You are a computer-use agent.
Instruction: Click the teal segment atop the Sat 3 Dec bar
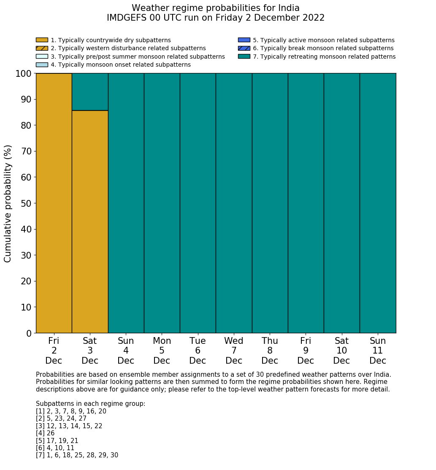click(90, 92)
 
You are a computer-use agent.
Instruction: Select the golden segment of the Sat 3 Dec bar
click(90, 221)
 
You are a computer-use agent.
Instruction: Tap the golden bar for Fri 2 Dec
click(54, 203)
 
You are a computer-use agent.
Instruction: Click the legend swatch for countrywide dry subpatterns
click(42, 40)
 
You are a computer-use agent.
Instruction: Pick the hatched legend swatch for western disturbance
click(42, 48)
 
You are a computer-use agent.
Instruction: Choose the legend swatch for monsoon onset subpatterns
click(42, 65)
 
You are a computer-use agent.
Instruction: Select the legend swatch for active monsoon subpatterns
click(244, 40)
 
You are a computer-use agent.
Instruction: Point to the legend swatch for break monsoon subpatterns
click(244, 48)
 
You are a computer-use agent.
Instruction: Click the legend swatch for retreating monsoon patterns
click(244, 57)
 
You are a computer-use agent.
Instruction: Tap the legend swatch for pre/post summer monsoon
click(42, 57)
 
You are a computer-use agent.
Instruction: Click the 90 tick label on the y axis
click(26, 100)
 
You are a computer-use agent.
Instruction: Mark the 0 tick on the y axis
click(29, 333)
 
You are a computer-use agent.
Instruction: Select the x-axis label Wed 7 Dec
click(234, 351)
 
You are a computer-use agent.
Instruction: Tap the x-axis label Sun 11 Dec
click(378, 351)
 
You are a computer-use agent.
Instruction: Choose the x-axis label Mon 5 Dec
click(162, 351)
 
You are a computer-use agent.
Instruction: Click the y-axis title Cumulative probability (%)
click(8, 203)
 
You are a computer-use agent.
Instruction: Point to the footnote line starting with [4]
click(45, 433)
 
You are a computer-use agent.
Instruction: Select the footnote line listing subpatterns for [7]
click(77, 455)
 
